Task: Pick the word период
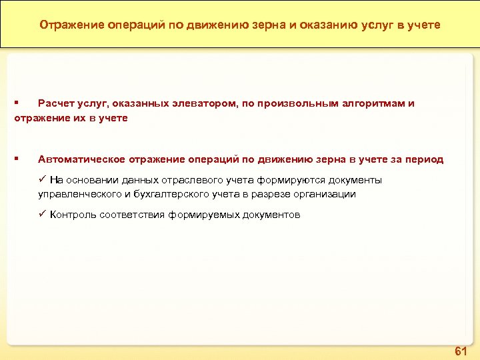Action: (423, 159)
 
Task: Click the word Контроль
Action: (73, 215)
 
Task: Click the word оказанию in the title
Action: (313, 25)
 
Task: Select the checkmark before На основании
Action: (42, 179)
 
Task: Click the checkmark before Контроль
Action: (42, 214)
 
